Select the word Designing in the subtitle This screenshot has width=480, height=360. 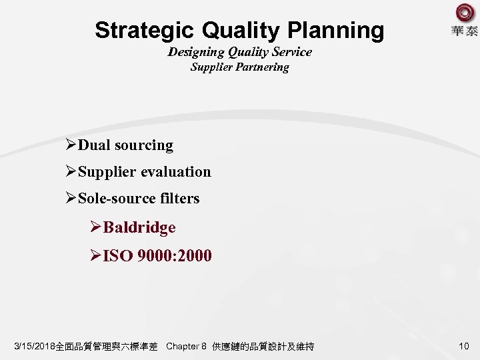click(x=200, y=51)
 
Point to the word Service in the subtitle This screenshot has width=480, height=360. click(x=288, y=51)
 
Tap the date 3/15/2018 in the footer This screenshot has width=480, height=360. click(x=35, y=347)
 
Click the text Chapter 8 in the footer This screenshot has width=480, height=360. click(x=186, y=347)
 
